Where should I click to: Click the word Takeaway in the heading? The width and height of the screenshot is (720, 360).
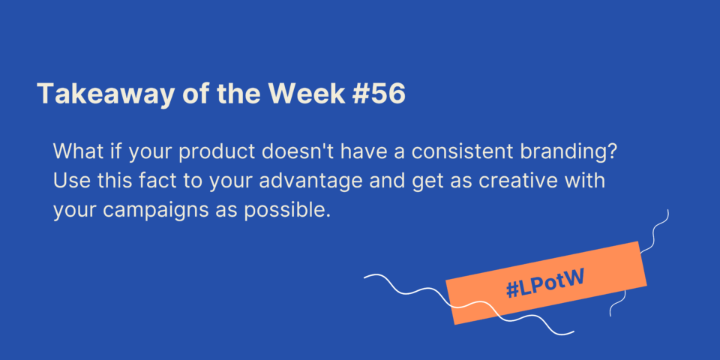coord(106,95)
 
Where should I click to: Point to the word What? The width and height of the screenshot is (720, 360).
coord(74,151)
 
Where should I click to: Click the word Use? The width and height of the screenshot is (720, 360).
coord(69,181)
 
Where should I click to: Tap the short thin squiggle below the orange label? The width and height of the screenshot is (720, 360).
coord(617,304)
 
